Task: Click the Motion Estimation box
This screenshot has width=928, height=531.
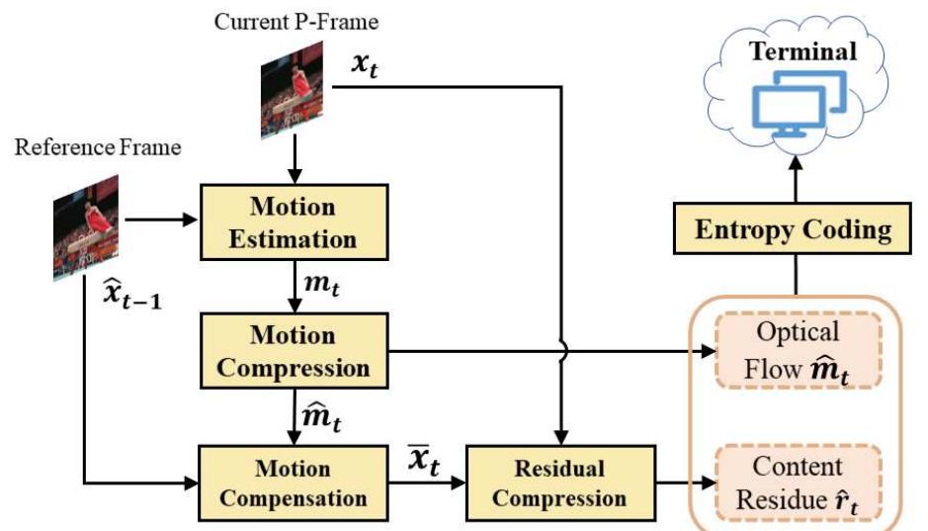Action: (x=294, y=222)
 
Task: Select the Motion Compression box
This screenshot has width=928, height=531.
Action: (x=294, y=350)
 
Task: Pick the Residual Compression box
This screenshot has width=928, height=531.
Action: (x=560, y=482)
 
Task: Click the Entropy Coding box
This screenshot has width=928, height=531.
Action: (x=794, y=231)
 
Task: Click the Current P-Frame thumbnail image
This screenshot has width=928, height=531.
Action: (x=293, y=93)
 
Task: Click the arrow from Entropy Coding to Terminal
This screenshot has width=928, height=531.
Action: (x=794, y=182)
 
